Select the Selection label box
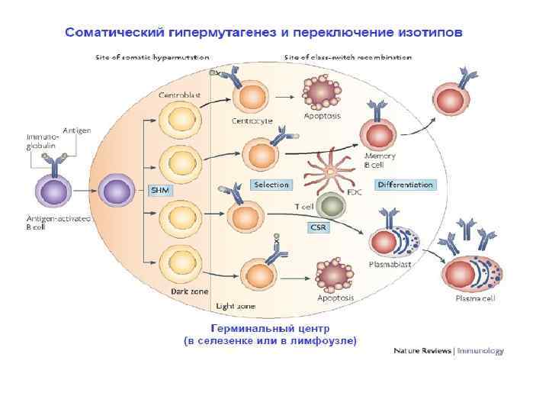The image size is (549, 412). [271, 185]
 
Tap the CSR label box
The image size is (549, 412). [319, 227]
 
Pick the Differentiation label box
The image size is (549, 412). [406, 185]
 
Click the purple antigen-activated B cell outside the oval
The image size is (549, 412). [54, 191]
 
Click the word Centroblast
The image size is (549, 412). [179, 95]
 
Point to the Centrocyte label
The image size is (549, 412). [252, 121]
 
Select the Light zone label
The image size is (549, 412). [236, 305]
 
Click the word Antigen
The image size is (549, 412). [76, 130]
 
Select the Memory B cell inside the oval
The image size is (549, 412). [378, 137]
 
